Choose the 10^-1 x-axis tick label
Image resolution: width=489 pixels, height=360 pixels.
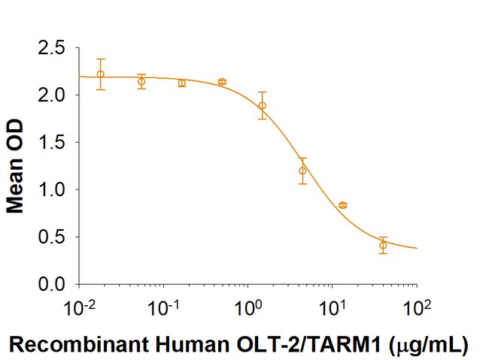click(162, 307)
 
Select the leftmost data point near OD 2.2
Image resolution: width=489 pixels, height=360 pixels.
click(101, 74)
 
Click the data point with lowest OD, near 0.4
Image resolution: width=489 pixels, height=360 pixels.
click(383, 245)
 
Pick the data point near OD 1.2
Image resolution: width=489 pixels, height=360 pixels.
click(302, 171)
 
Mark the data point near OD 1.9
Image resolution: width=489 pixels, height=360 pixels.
click(262, 105)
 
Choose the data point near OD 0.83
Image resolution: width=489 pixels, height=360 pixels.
click(343, 205)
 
